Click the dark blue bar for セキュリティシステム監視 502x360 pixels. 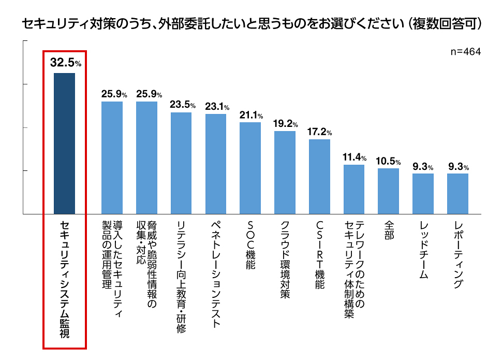pyautogui.click(x=65, y=143)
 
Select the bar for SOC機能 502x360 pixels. pyautogui.click(x=250, y=168)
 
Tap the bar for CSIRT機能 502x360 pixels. pyautogui.click(x=319, y=176)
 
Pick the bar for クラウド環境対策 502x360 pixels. pyautogui.click(x=285, y=172)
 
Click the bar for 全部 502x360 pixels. pyautogui.click(x=388, y=191)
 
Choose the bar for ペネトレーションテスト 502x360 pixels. pyautogui.click(x=216, y=164)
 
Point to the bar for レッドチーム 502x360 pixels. pyautogui.click(x=423, y=193)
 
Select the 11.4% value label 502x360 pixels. pyautogui.click(x=355, y=157)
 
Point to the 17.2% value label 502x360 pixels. pyautogui.click(x=319, y=132)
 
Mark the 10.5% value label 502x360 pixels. pyautogui.click(x=388, y=161)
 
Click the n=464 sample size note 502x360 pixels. pyautogui.click(x=466, y=52)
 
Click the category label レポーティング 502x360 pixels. pyautogui.click(x=458, y=254)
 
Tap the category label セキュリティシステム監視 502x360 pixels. pyautogui.click(x=65, y=282)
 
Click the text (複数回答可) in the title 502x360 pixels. pyautogui.click(x=446, y=24)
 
